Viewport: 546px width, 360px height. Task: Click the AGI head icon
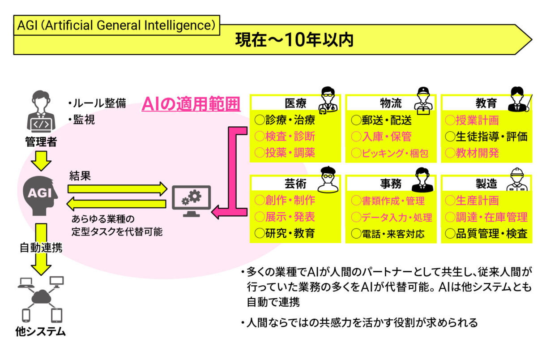pyautogui.click(x=40, y=193)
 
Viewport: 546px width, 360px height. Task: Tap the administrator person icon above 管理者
pyautogui.click(x=40, y=112)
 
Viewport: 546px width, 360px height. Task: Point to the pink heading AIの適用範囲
pyautogui.click(x=191, y=104)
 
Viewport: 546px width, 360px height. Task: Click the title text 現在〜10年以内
pyautogui.click(x=294, y=40)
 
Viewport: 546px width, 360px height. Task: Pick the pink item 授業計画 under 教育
pyautogui.click(x=477, y=120)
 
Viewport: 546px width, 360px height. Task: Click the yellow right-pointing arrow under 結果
pyautogui.click(x=116, y=189)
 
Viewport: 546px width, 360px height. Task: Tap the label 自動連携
pyautogui.click(x=41, y=247)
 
